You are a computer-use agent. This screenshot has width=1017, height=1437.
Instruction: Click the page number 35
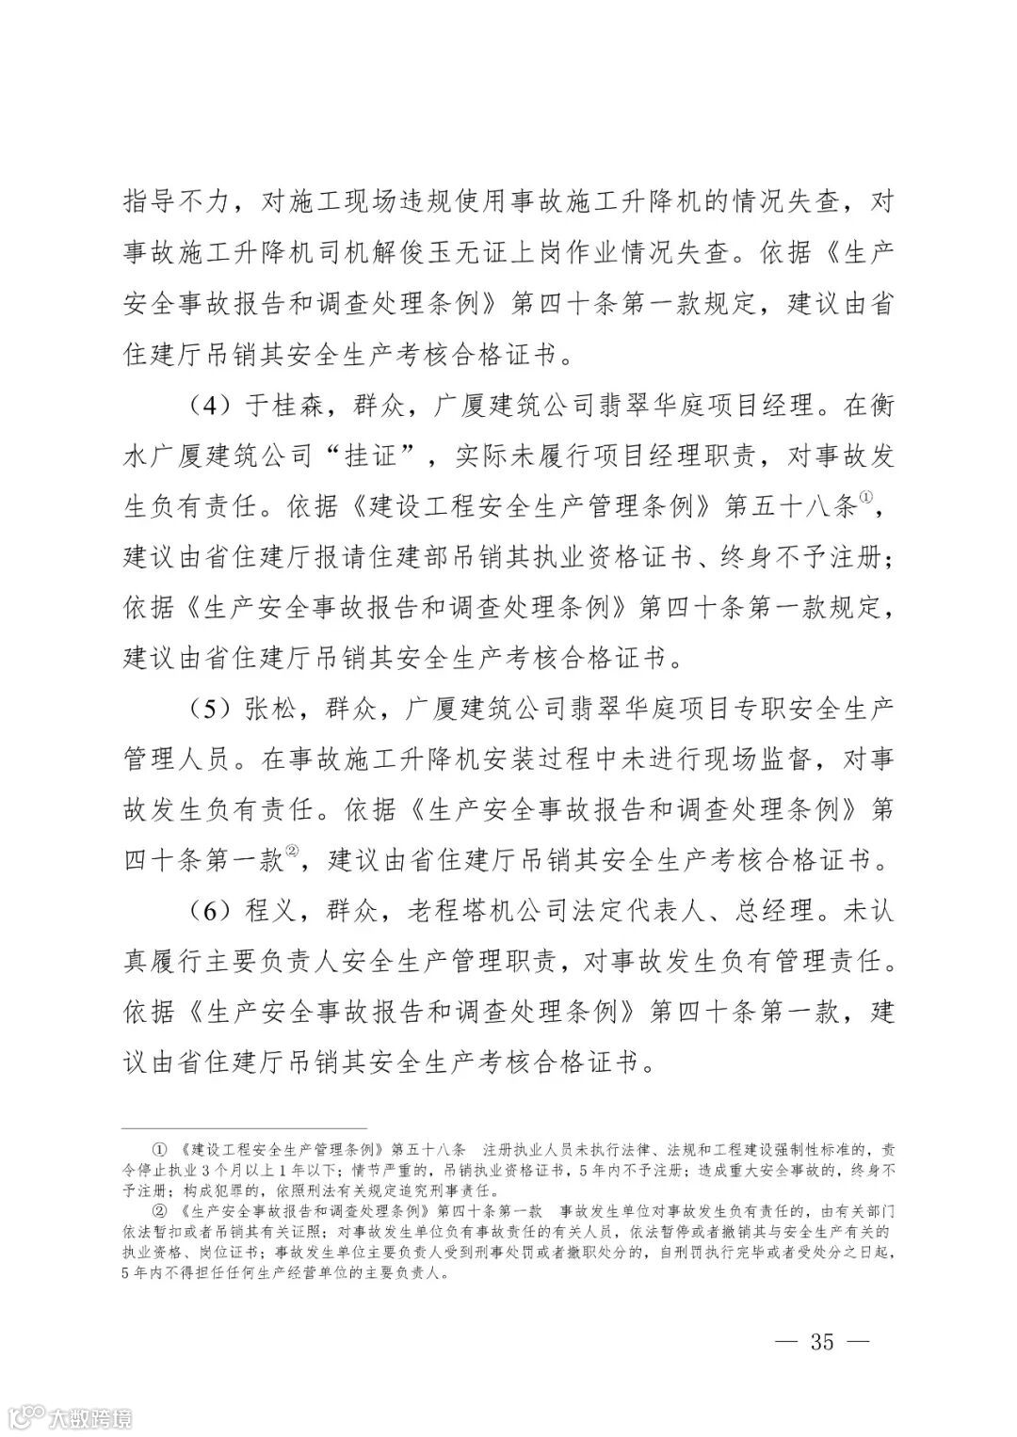pyautogui.click(x=821, y=1342)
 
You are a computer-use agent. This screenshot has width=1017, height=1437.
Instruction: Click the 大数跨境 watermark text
pyautogui.click(x=92, y=1414)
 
